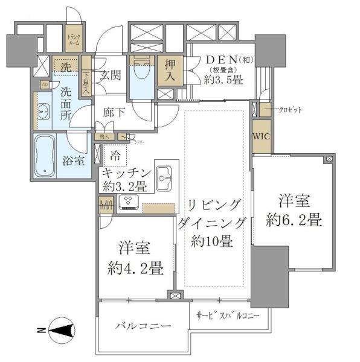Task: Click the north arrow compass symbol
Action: pyautogui.click(x=59, y=330)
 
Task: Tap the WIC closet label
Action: pyautogui.click(x=261, y=136)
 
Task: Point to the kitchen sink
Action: pyautogui.click(x=165, y=176)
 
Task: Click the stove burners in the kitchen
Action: pyautogui.click(x=128, y=202)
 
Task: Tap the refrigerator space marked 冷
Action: pyautogui.click(x=115, y=155)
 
